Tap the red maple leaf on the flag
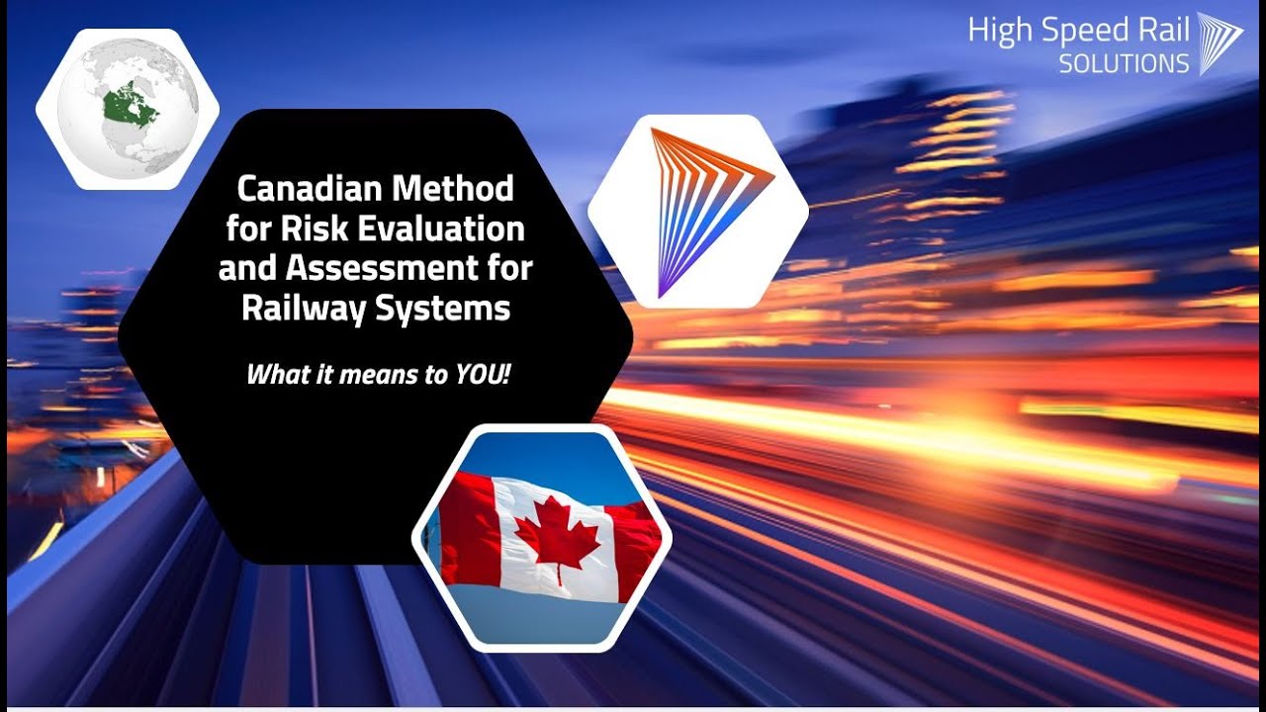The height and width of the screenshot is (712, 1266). (x=557, y=540)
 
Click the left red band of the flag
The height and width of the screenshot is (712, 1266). (x=466, y=529)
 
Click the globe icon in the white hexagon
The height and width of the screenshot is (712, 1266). (x=127, y=110)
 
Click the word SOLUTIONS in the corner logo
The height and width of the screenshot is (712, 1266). (x=1124, y=64)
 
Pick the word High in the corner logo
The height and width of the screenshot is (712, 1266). (x=998, y=31)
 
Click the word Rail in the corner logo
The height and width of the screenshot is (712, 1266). (x=1163, y=30)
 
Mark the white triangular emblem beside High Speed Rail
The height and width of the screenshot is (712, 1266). (x=1220, y=43)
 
